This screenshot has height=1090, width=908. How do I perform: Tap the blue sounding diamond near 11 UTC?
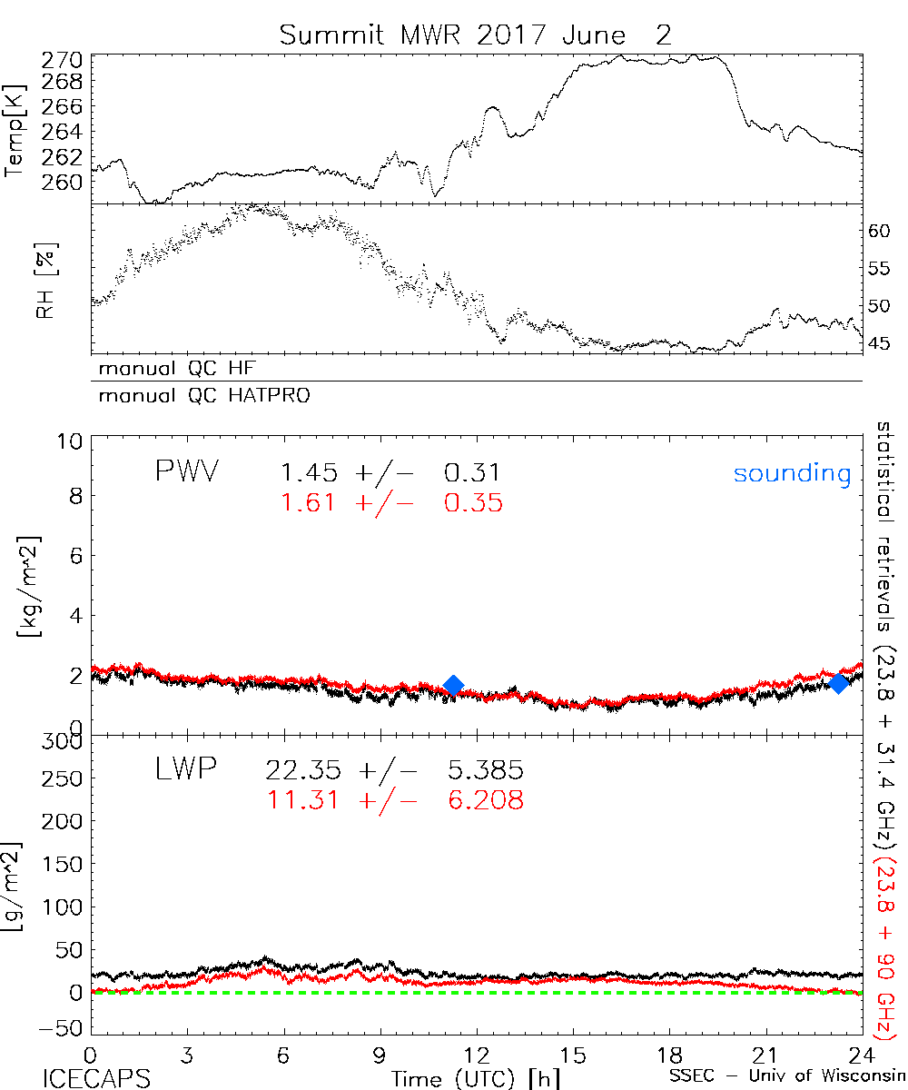453,685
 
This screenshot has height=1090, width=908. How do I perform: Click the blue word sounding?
792,473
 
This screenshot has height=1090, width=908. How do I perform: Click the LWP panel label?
184,771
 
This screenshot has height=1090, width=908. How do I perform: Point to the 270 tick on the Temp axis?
62,61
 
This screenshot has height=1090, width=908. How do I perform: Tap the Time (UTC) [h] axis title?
464,1077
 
